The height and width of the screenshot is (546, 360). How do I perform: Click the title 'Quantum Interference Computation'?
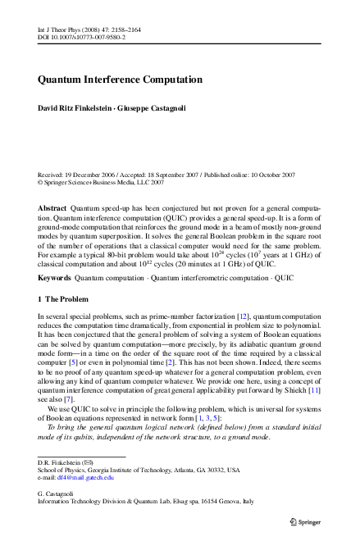pos(120,80)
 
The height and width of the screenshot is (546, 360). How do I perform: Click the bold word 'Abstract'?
pos(52,209)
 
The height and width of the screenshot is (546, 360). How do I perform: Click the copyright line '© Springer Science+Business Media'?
pos(94,183)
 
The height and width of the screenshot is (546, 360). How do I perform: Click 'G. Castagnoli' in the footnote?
pos(57,493)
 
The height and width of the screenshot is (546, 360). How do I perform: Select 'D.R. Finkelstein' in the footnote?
pos(62,462)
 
